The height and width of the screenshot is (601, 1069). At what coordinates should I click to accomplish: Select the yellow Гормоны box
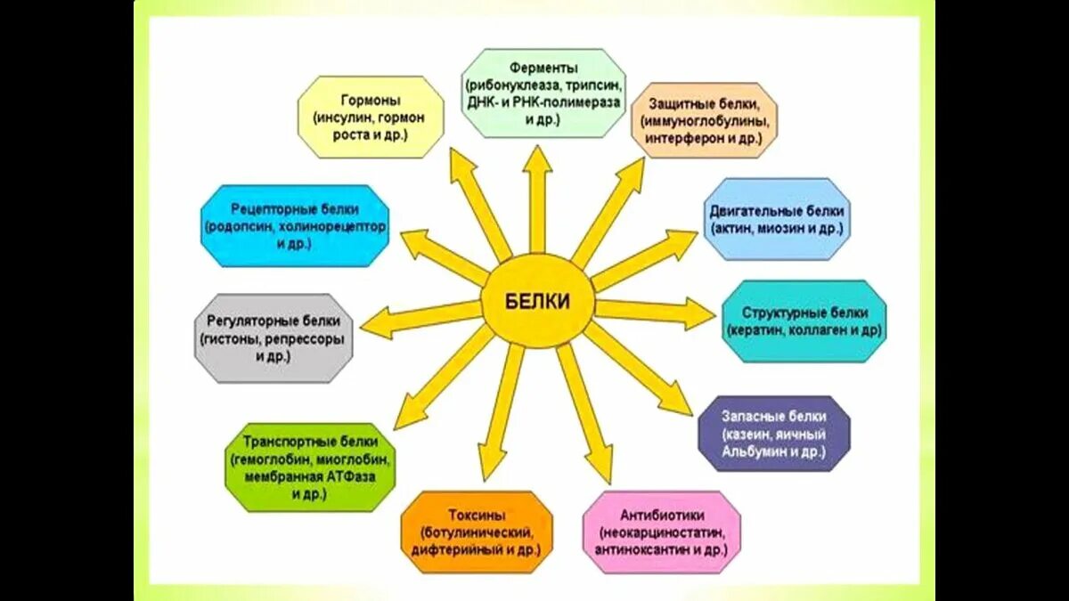tap(370, 117)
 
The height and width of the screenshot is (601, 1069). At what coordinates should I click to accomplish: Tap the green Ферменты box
tap(544, 93)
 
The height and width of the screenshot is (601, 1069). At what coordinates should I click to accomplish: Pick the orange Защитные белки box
tap(704, 120)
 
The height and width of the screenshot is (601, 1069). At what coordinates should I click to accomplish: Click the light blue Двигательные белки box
tap(777, 219)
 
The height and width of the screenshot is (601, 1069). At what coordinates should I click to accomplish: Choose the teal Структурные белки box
tap(804, 321)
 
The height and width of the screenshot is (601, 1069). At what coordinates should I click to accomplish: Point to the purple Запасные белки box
tap(773, 434)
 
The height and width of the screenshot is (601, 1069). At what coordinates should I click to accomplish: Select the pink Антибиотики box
tap(662, 532)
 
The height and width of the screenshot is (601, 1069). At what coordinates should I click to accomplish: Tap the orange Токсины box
tap(476, 532)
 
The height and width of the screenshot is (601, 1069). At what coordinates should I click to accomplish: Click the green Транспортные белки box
tap(310, 467)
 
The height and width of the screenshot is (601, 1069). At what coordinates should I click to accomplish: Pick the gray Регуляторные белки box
tap(273, 338)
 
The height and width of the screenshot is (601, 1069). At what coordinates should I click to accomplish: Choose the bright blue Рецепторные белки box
tap(295, 226)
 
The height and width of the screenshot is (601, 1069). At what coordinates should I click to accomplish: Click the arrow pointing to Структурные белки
tap(655, 312)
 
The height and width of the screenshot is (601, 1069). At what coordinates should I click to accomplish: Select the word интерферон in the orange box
tap(682, 139)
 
